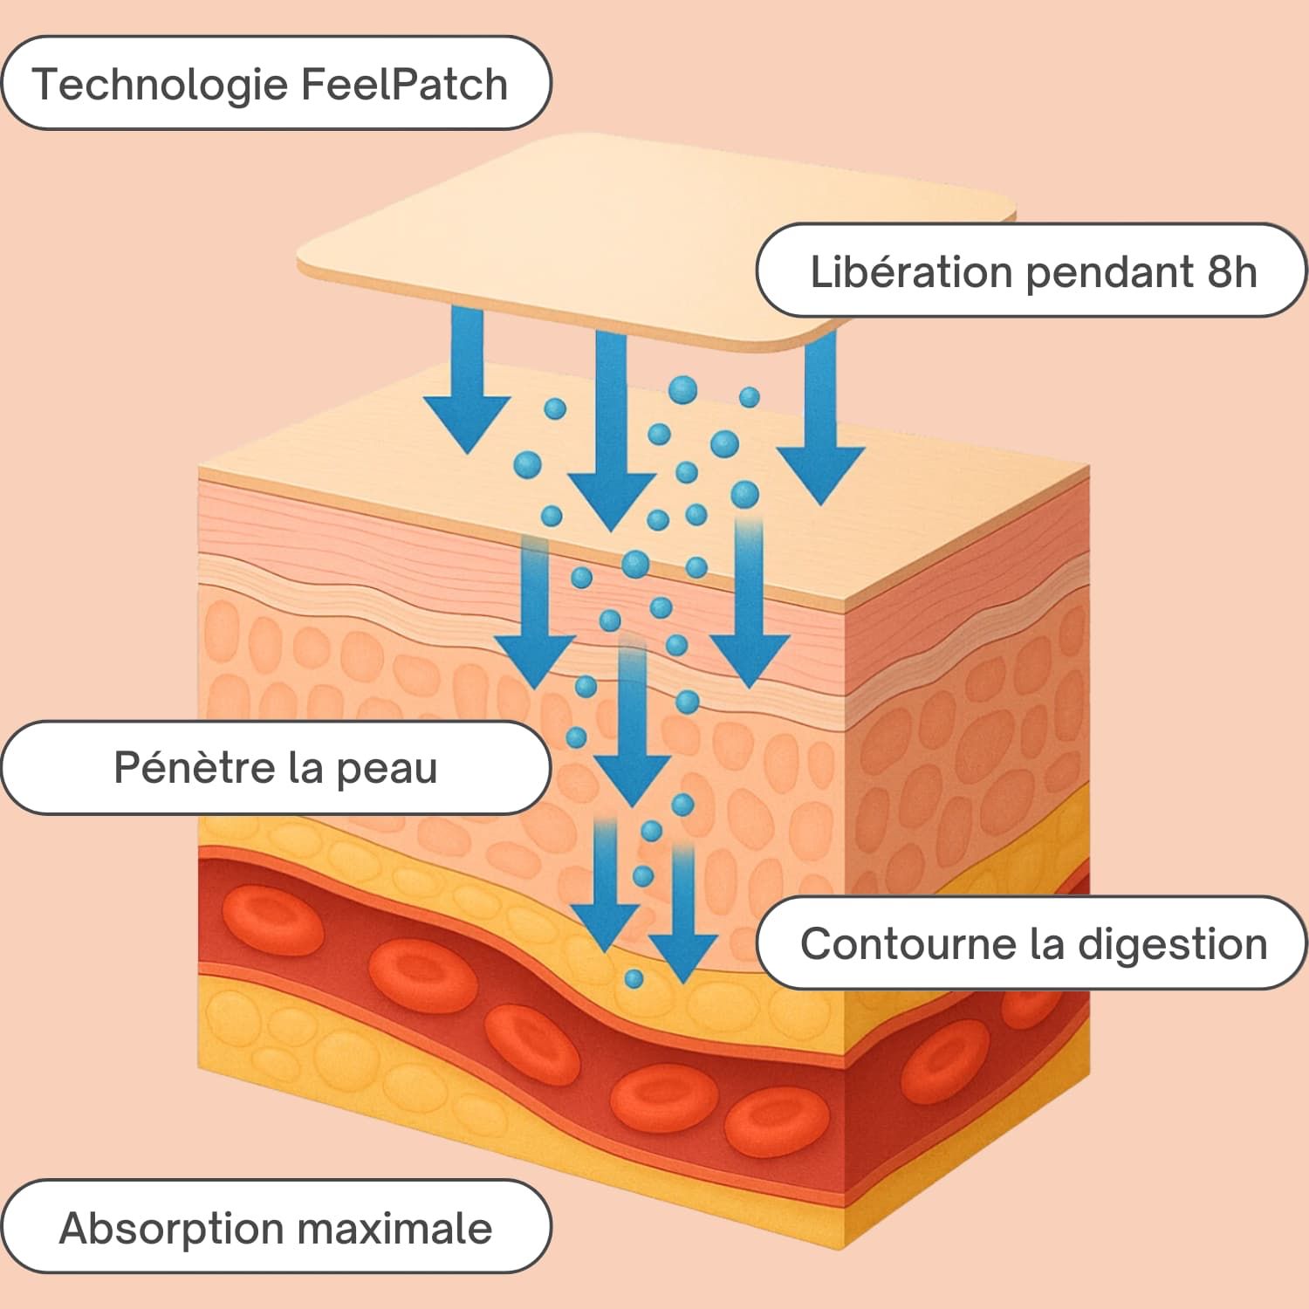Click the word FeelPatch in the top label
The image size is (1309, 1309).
[x=403, y=85]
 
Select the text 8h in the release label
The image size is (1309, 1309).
[x=1231, y=271]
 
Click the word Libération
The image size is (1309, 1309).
[x=910, y=271]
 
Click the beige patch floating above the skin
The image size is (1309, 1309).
[x=654, y=236]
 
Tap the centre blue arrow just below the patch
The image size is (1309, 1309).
[x=611, y=436]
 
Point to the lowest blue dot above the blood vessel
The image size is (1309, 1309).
[x=634, y=978]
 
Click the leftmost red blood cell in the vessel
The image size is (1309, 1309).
[x=272, y=921]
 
